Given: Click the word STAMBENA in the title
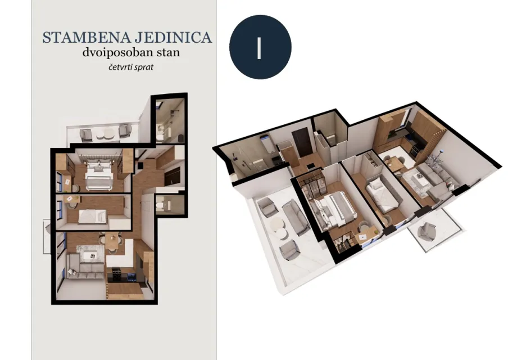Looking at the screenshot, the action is [x=86, y=37].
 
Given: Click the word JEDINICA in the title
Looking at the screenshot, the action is [x=173, y=37].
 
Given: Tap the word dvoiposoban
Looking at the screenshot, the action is [x=117, y=52].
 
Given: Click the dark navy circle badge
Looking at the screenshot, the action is [x=260, y=47].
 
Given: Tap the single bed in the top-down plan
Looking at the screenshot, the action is [x=92, y=216].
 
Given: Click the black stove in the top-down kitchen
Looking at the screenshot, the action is [x=116, y=274].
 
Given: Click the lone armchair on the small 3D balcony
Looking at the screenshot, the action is [x=427, y=232].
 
